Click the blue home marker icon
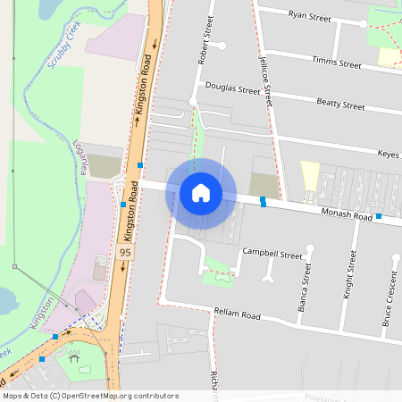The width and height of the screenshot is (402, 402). [201, 193]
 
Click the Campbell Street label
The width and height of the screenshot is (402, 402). [272, 254]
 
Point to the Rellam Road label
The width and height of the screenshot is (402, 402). [237, 315]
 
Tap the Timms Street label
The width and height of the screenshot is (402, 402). [336, 63]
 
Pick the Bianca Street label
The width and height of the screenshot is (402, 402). [305, 293]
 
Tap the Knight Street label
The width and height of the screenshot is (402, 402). [348, 298]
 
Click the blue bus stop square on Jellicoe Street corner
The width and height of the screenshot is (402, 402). [263, 202]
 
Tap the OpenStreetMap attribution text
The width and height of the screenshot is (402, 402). [90, 396]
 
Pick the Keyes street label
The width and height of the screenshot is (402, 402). [388, 155]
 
